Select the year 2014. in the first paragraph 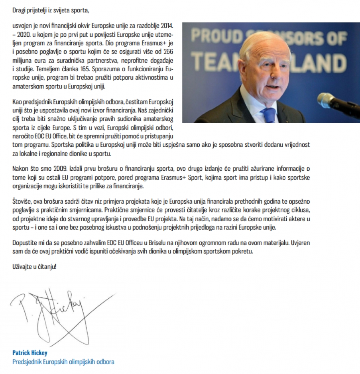pos(166,26)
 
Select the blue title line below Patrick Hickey pos(63,362)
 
